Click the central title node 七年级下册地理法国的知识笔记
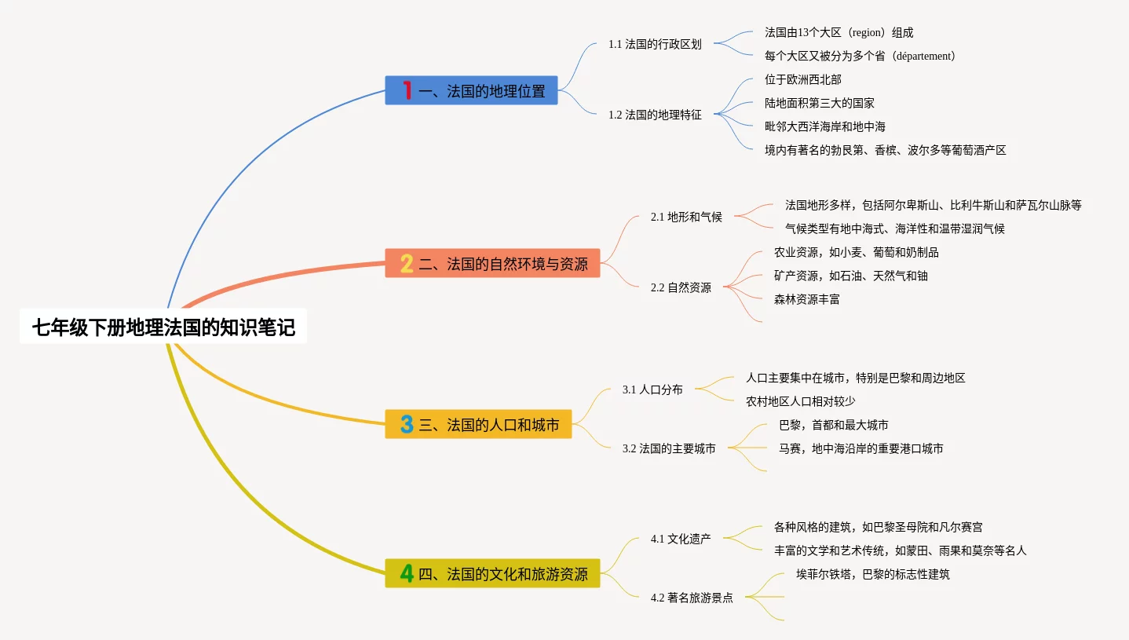pyautogui.click(x=163, y=327)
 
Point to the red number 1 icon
pyautogui.click(x=407, y=91)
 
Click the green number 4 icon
pyautogui.click(x=407, y=574)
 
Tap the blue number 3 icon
pyautogui.click(x=407, y=425)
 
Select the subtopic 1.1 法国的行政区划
pyautogui.click(x=655, y=44)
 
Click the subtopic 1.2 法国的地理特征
pyautogui.click(x=655, y=115)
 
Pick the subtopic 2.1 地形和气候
pyautogui.click(x=686, y=217)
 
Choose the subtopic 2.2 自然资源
pyautogui.click(x=681, y=287)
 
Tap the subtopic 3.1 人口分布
pyautogui.click(x=652, y=389)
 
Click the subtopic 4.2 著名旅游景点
pyautogui.click(x=692, y=598)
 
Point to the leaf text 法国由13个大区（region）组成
pyautogui.click(x=839, y=32)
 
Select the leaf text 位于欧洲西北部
pyautogui.click(x=802, y=79)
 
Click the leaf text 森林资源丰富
pyautogui.click(x=806, y=299)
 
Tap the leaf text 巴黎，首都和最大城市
pyautogui.click(x=833, y=425)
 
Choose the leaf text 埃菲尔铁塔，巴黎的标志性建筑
pyautogui.click(x=872, y=574)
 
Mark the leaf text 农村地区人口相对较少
pyautogui.click(x=811, y=401)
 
